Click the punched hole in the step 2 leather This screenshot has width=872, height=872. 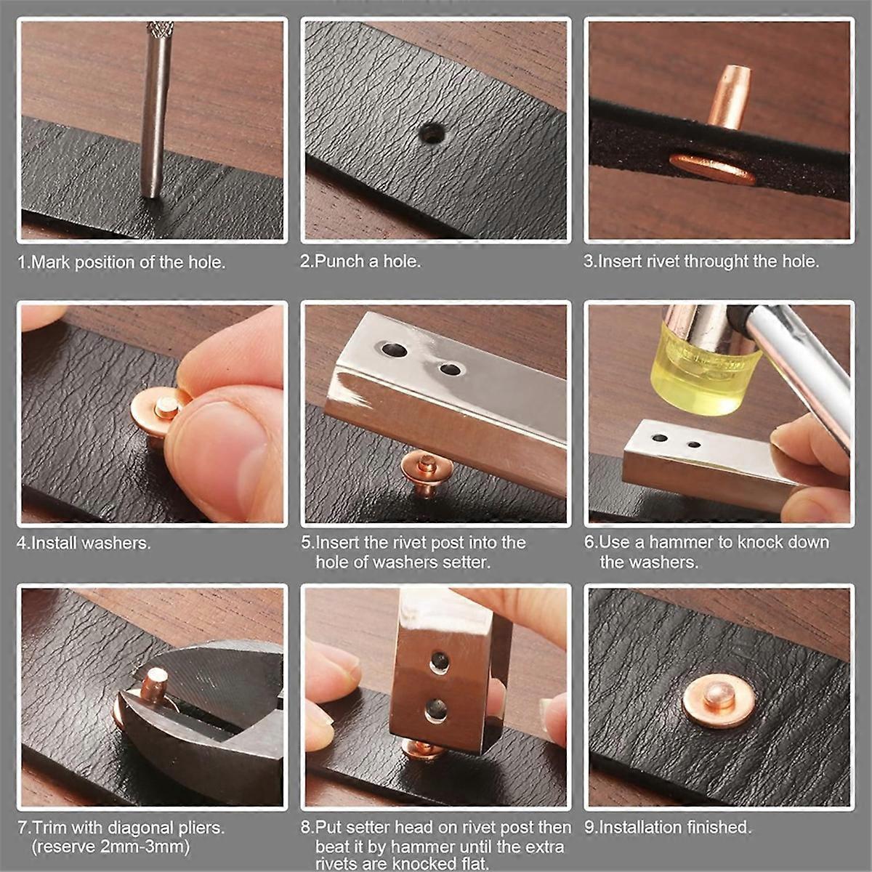(432, 134)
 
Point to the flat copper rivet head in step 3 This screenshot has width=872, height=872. (712, 168)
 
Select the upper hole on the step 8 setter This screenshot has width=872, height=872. (438, 662)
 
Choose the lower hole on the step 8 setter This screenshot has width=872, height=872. (436, 710)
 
